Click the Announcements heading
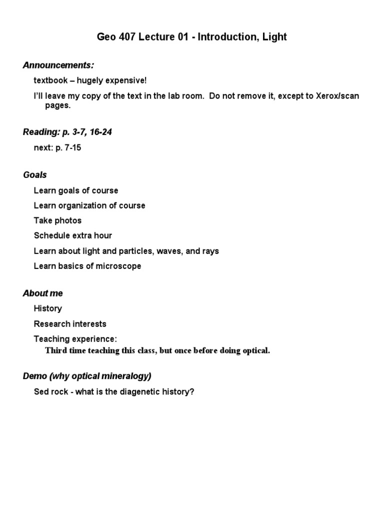58,65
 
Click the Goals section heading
35,174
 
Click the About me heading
43,293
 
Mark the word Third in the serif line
56,350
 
